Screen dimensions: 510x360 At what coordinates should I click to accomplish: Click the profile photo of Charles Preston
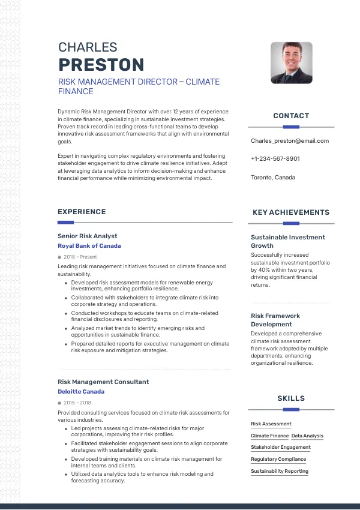coord(291,62)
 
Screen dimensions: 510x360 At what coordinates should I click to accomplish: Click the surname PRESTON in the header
coord(101,65)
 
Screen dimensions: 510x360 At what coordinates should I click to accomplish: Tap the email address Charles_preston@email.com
coord(290,140)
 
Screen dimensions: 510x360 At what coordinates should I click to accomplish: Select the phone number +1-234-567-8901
coord(275,159)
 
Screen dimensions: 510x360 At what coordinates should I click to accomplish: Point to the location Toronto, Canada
coord(273,178)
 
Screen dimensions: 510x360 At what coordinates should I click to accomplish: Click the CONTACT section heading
coord(291,116)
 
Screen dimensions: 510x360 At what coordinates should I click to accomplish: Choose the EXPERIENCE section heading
coord(82,212)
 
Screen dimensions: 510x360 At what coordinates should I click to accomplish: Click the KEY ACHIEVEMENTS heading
coord(291,212)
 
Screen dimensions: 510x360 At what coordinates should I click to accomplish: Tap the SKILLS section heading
coord(291,398)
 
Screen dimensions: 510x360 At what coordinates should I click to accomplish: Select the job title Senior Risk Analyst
coord(88,236)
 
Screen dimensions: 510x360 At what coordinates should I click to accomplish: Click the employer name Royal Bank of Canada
coord(89,246)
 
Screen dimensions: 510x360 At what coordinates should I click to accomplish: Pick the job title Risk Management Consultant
coord(103,382)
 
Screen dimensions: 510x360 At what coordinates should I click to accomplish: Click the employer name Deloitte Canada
coord(80,391)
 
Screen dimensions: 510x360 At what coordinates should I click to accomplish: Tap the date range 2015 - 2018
coord(77,402)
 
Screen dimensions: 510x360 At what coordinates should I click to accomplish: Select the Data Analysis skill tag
coord(307,436)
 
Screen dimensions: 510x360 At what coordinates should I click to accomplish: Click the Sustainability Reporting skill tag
coord(280,472)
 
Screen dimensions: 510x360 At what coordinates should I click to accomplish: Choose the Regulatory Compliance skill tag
coord(278,460)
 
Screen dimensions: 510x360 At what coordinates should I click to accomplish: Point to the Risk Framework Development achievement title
coord(275,320)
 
